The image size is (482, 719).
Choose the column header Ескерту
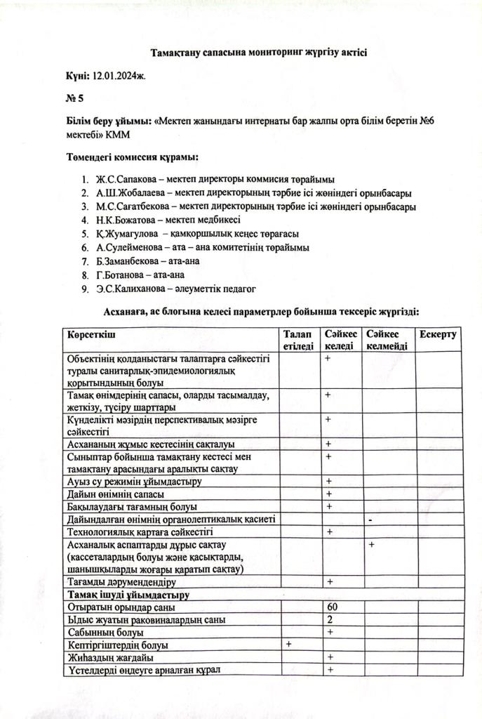439,334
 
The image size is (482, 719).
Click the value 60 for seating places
333,607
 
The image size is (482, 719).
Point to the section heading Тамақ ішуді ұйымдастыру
126,595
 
